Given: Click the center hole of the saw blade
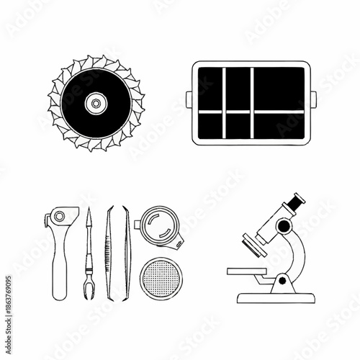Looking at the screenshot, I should (x=95, y=104).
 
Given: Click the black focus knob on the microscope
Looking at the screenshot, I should (x=284, y=227).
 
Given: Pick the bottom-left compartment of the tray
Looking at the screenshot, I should (x=210, y=125).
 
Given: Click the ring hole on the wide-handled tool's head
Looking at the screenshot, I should (x=60, y=216).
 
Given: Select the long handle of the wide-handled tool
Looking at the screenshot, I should (x=60, y=266).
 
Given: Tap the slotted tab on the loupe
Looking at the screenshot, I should (x=176, y=238).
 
